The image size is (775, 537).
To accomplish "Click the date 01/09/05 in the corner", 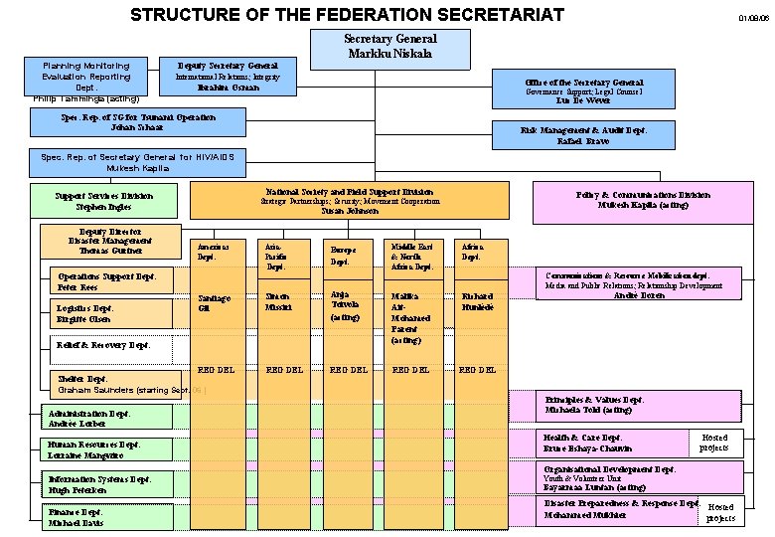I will point(752,18).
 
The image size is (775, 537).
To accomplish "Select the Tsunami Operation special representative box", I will point(138,122).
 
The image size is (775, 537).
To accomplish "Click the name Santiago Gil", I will point(214,302).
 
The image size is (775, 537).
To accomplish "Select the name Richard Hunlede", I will point(478,302).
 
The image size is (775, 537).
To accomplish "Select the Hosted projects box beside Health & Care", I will point(714,443).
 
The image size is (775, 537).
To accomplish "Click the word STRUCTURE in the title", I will point(183,14).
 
